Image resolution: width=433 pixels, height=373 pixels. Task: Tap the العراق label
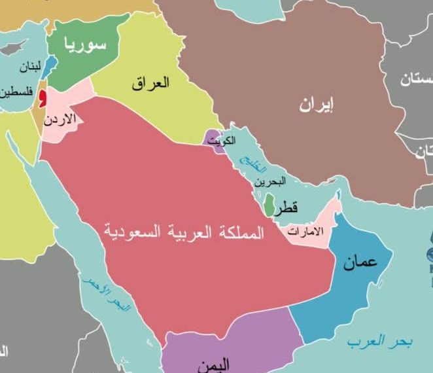[x=150, y=83]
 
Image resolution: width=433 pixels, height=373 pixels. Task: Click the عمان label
[x=359, y=262]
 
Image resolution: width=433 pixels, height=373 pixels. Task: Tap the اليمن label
[x=213, y=364]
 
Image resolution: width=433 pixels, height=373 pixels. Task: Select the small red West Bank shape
[x=43, y=99]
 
